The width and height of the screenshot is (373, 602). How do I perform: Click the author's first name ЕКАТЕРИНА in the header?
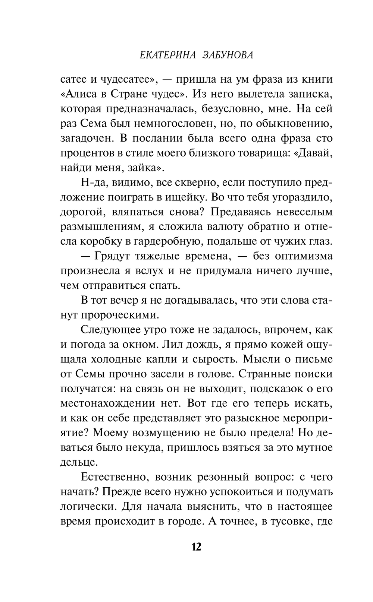pyautogui.click(x=166, y=55)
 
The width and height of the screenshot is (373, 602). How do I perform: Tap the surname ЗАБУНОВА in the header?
pyautogui.click(x=228, y=55)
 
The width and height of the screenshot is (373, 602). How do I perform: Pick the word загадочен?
pyautogui.click(x=87, y=138)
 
